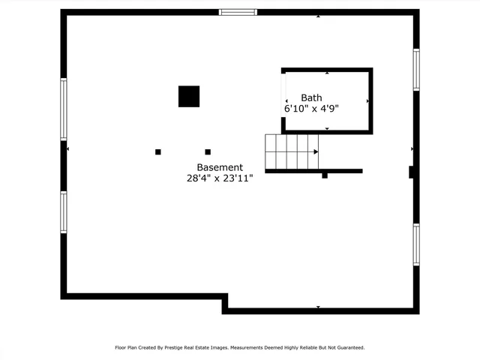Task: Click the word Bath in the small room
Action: pyautogui.click(x=311, y=97)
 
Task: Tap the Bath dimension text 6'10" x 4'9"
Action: pyautogui.click(x=311, y=109)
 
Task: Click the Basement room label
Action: pyautogui.click(x=220, y=167)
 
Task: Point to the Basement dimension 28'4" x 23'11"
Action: pyautogui.click(x=220, y=178)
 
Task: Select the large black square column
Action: pyautogui.click(x=189, y=97)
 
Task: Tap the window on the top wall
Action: pyautogui.click(x=238, y=12)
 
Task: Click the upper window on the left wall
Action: pyautogui.click(x=64, y=109)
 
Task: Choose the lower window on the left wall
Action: pyautogui.click(x=64, y=211)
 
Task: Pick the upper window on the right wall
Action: pyautogui.click(x=416, y=70)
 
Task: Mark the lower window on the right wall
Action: pyautogui.click(x=416, y=244)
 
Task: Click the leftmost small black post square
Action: pyautogui.click(x=158, y=151)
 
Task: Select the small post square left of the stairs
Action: pyautogui.click(x=208, y=151)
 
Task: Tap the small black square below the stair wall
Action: pyautogui.click(x=325, y=175)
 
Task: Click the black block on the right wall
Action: pyautogui.click(x=412, y=172)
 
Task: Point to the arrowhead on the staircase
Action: pyautogui.click(x=316, y=151)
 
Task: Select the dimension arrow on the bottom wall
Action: pyautogui.click(x=318, y=307)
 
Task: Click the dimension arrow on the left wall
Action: pyautogui.click(x=68, y=149)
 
